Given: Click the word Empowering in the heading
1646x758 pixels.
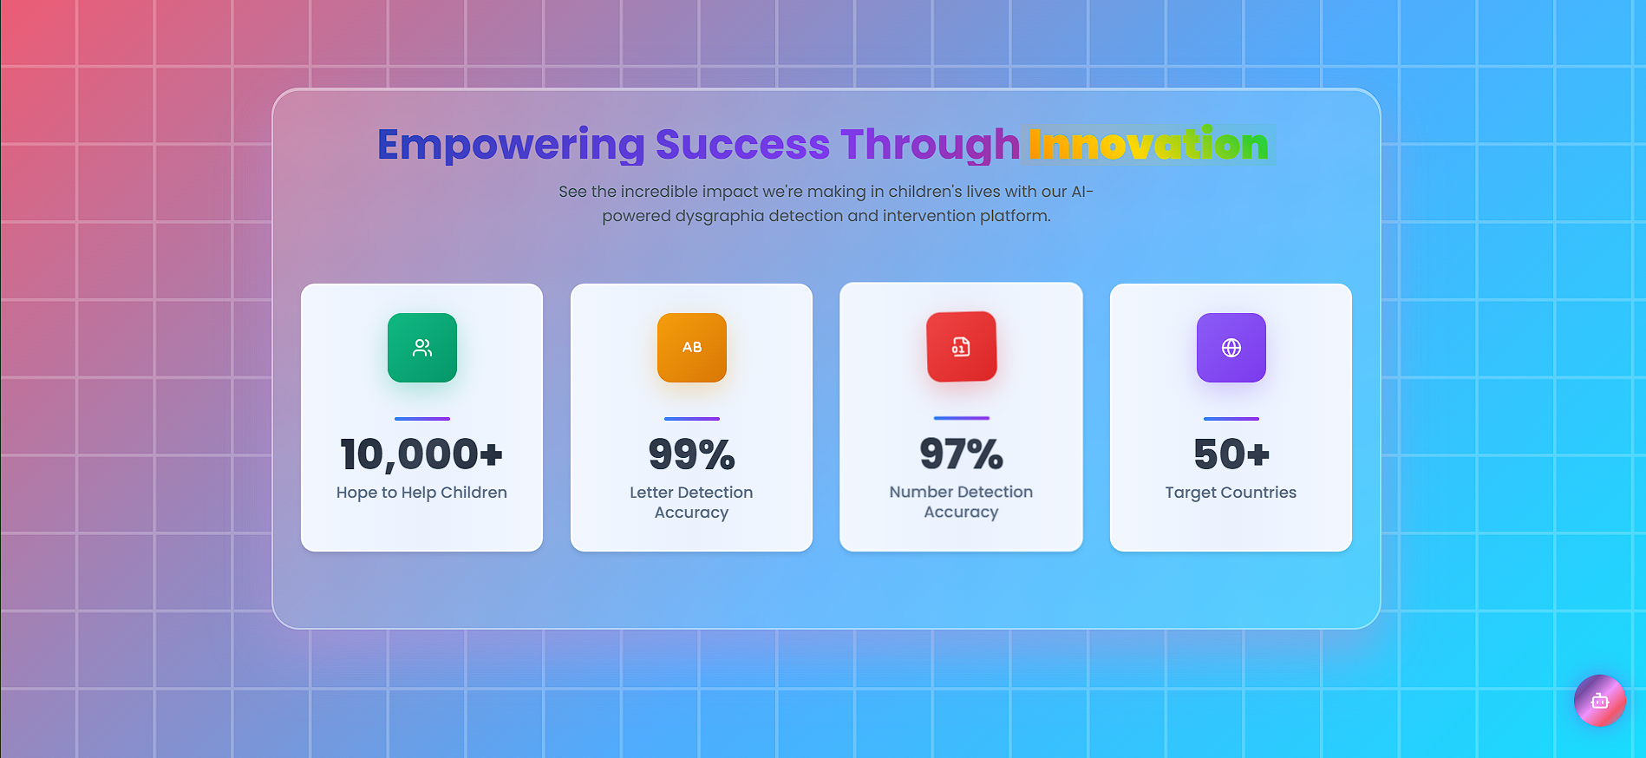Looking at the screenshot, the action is coord(511,145).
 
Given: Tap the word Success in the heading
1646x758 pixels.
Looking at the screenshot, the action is coord(742,145).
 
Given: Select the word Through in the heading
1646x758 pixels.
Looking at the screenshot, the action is coord(930,145).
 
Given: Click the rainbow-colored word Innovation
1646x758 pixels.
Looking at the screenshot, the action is coord(1148,145).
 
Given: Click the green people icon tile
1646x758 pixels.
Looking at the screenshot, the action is coord(422,348).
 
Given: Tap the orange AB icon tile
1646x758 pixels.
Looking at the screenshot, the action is coord(692,348).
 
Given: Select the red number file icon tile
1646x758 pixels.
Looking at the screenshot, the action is coord(962,347).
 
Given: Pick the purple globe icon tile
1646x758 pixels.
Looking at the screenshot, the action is coord(1231,348).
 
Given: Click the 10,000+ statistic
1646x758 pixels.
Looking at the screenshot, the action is coord(421,454).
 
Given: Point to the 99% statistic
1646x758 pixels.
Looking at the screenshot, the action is coord(692,454).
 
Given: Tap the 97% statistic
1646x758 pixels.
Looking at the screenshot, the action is coord(962,454).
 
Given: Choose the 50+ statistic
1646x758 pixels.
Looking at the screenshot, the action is coord(1231,454).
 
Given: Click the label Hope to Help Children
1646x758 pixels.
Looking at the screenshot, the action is coord(421,493).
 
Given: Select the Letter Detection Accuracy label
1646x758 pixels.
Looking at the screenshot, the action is coord(691,502).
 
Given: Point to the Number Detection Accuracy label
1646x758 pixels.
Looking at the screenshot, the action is coord(961,501).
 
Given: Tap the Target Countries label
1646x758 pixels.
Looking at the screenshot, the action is coord(1231,493).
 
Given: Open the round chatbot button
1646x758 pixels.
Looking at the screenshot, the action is coord(1600,701).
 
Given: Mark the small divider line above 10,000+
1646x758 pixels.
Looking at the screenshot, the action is coord(422,419).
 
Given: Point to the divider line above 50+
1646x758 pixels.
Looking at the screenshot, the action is coord(1231,419).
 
